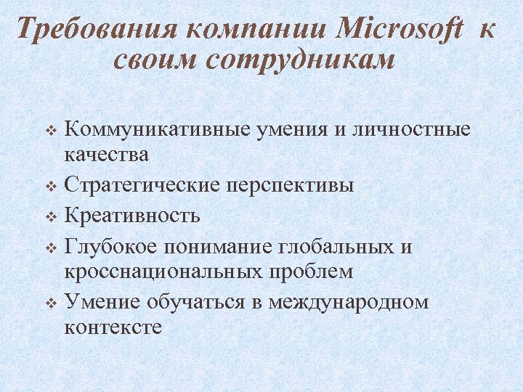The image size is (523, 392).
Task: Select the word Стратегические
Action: click(x=138, y=184)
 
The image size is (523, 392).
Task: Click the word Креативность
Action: click(x=131, y=216)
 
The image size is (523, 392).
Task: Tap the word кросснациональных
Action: click(x=163, y=271)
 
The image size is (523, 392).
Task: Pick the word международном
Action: click(x=349, y=302)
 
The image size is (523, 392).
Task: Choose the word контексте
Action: click(x=113, y=327)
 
